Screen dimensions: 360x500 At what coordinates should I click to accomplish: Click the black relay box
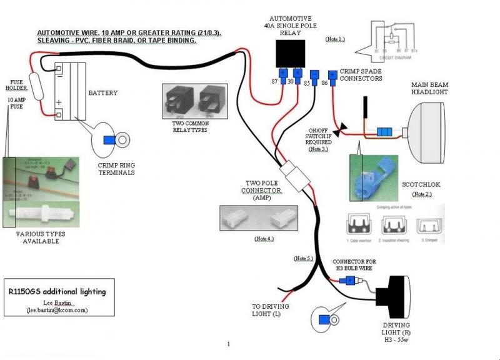point(291,53)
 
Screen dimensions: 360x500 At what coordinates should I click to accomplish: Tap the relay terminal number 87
point(274,81)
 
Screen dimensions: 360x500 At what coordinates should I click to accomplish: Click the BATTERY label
point(102,93)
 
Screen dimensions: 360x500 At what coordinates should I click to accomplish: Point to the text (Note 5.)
point(304,258)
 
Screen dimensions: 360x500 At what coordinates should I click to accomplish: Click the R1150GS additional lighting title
point(57,292)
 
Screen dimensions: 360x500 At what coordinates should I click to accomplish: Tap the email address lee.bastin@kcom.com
point(57,309)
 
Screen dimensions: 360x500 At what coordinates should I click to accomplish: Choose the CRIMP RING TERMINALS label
point(116,169)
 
